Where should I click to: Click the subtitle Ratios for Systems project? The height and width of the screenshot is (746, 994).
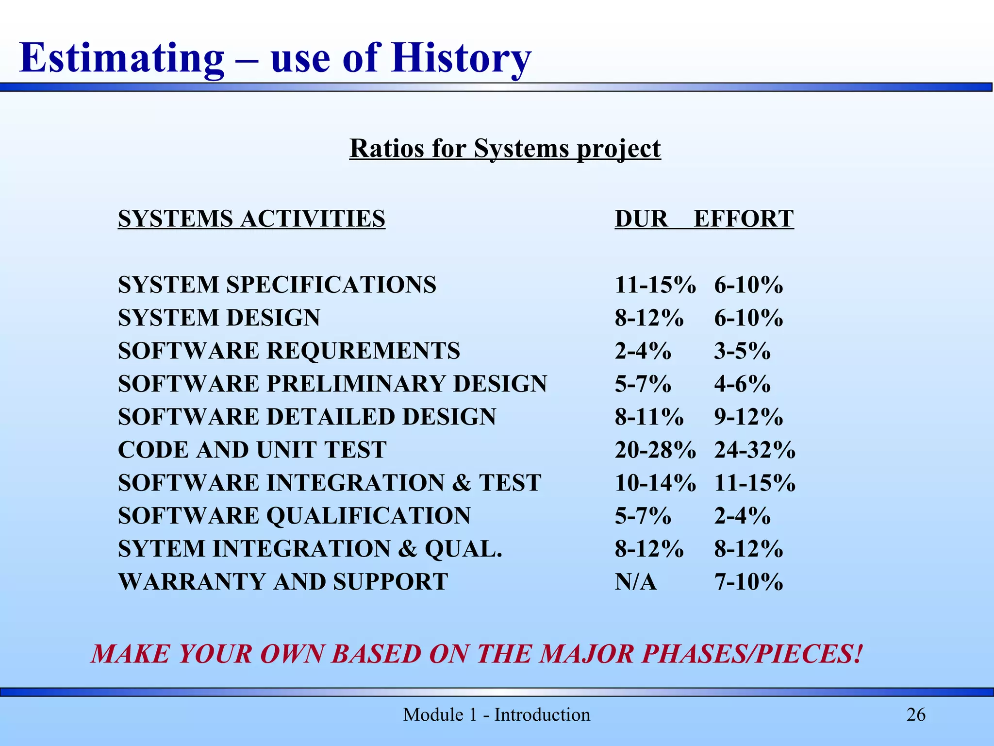pos(505,148)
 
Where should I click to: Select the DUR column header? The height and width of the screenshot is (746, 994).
pos(641,219)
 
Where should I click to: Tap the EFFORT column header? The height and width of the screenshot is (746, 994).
pos(744,219)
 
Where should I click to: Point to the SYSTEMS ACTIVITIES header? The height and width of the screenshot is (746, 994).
pos(251,219)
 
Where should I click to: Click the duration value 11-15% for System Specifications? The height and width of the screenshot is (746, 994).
pos(655,285)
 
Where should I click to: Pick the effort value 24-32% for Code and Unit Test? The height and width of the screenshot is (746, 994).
pos(755,450)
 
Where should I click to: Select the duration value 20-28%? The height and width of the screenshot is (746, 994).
pos(655,450)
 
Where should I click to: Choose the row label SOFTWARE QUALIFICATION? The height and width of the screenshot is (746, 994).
pos(294,516)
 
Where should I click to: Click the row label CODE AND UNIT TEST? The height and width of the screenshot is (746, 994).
pos(252,450)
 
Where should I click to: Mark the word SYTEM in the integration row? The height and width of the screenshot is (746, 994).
pos(162,549)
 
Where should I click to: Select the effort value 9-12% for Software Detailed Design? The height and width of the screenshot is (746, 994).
pos(748,417)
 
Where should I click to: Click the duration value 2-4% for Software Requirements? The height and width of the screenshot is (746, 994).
pos(643,351)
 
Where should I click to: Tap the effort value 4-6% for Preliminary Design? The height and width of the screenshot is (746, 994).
pos(742,384)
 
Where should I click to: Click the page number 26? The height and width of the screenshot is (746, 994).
pos(916,715)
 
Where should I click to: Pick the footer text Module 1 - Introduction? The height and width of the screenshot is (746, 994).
pos(497,715)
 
